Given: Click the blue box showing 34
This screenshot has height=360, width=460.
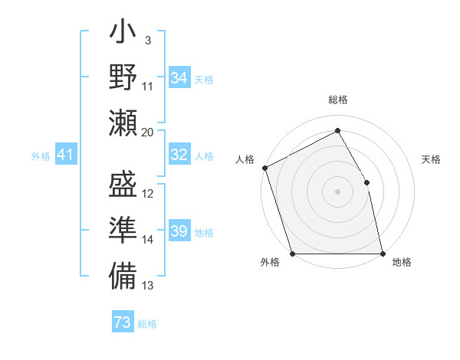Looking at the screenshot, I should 179,77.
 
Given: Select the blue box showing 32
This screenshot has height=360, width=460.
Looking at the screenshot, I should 179,155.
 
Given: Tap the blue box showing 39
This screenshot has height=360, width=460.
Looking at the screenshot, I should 179,231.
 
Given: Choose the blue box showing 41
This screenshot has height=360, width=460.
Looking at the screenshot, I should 66,155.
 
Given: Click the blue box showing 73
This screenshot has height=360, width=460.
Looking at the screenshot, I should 123,322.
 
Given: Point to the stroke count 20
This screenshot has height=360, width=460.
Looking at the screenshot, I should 148,132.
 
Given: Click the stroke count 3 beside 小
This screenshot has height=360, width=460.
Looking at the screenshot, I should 147,41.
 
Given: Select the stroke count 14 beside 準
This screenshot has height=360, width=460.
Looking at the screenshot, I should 148,240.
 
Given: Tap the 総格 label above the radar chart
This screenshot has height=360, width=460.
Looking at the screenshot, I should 338,100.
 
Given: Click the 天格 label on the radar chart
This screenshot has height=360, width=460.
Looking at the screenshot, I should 432,159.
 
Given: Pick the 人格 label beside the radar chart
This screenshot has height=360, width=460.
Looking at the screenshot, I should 245,159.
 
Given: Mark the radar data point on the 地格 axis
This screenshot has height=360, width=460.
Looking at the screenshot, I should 383,254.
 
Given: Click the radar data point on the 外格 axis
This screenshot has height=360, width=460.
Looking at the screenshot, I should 292,254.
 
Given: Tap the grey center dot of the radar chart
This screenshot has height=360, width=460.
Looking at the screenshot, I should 337,191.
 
